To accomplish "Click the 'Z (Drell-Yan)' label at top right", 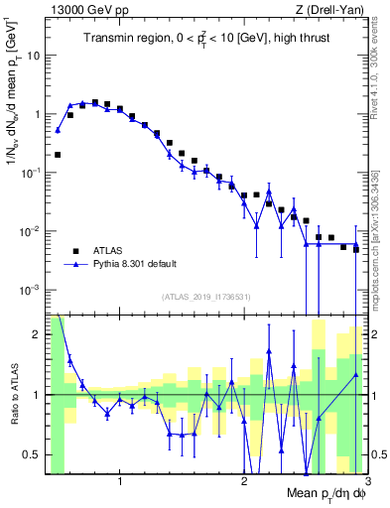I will (x=334, y=10).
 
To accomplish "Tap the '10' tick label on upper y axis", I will (x=33, y=56).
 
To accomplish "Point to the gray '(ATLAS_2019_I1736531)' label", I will (x=206, y=297).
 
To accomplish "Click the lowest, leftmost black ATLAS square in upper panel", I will (x=59, y=155).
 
